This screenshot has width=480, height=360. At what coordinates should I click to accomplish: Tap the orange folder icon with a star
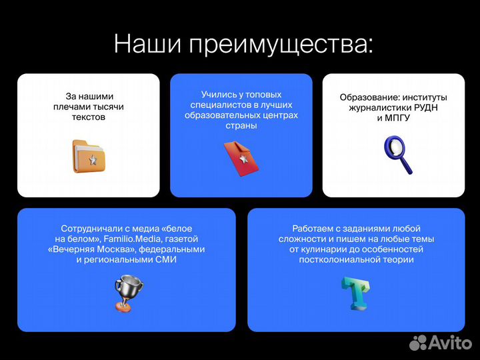89,156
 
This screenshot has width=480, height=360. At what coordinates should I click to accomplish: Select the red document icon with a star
241,158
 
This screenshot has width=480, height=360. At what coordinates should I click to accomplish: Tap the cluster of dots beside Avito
417,342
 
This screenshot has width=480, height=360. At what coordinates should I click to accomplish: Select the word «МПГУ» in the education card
397,118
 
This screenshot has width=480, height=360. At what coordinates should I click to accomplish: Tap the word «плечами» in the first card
69,107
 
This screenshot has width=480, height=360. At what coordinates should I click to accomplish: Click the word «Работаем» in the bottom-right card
311,227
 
